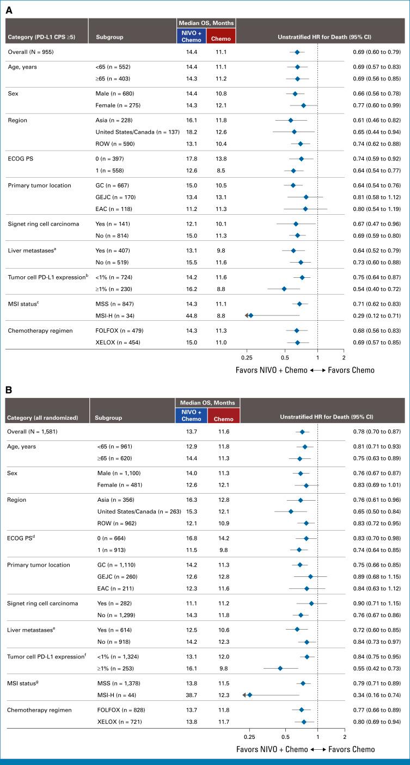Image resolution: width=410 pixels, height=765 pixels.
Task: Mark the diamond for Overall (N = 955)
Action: tap(297, 52)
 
